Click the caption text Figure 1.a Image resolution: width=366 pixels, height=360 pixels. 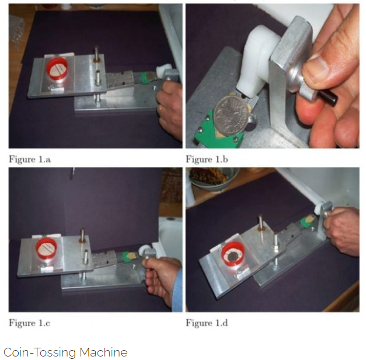30,159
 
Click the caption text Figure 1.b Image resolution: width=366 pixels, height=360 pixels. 207,159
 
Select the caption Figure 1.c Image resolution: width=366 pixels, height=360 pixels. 29,323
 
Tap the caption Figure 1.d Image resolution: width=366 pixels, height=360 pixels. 207,323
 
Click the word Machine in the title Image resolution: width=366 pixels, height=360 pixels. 103,352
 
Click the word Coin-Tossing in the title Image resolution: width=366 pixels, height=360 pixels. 40,352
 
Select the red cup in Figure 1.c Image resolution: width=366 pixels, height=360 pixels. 47,249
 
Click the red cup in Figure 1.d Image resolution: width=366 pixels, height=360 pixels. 233,254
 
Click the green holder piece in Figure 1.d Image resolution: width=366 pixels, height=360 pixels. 306,221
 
